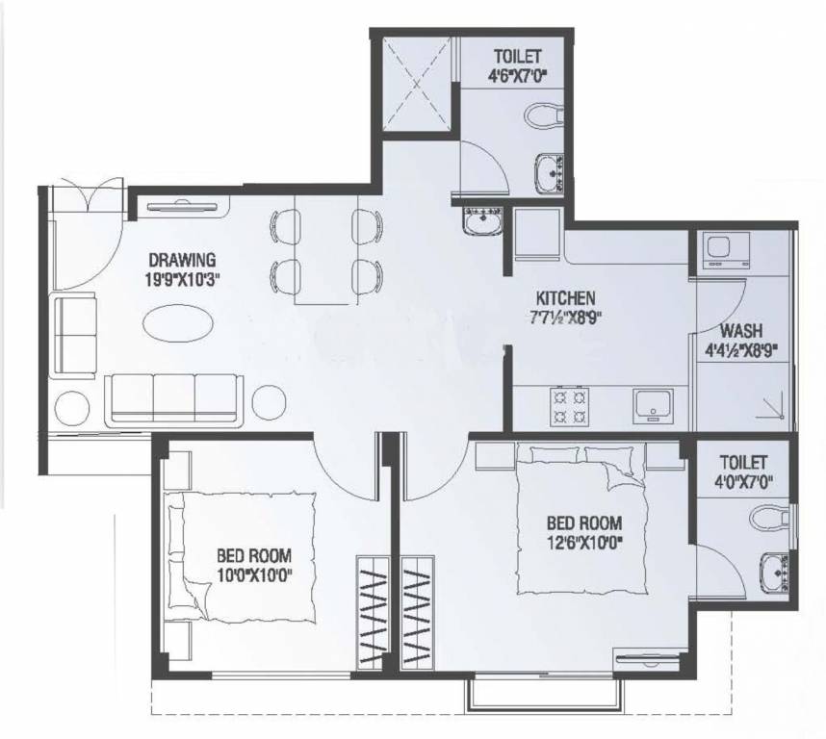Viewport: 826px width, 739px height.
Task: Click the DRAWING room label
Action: (x=182, y=259)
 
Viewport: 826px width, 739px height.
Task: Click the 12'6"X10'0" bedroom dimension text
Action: (x=583, y=541)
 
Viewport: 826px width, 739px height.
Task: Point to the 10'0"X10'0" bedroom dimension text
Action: (x=253, y=574)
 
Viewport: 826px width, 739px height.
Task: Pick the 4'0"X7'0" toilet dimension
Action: (x=742, y=480)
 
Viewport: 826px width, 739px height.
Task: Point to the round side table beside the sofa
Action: (x=71, y=408)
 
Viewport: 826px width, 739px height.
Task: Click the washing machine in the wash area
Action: (x=721, y=252)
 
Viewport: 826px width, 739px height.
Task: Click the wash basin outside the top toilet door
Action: (x=480, y=221)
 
